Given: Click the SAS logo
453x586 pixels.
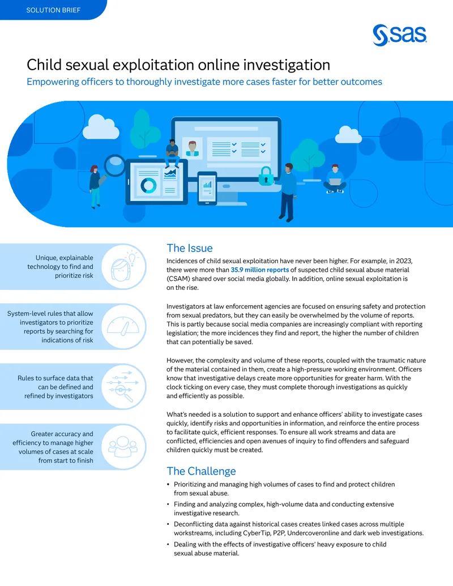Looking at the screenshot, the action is pyautogui.click(x=400, y=36).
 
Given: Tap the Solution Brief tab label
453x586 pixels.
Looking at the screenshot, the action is pyautogui.click(x=53, y=10).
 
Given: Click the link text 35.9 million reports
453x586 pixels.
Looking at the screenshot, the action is pyautogui.click(x=260, y=270).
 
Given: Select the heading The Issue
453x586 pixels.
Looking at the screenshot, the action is pyautogui.click(x=190, y=248).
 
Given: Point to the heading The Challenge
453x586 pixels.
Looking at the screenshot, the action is pyautogui.click(x=201, y=471).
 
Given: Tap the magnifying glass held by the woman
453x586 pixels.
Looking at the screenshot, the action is pyautogui.click(x=114, y=165).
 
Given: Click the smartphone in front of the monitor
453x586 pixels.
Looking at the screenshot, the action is pyautogui.click(x=207, y=189).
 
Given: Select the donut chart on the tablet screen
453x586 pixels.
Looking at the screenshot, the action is pyautogui.click(x=148, y=186).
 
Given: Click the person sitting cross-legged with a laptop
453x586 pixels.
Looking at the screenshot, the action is pyautogui.click(x=335, y=179).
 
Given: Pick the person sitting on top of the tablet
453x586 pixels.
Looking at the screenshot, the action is pyautogui.click(x=172, y=153).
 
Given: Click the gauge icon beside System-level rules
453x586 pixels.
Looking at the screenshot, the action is pyautogui.click(x=123, y=326).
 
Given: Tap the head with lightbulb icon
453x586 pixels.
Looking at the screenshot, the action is pyautogui.click(x=123, y=267).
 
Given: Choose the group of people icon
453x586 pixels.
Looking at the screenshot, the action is pyautogui.click(x=123, y=446).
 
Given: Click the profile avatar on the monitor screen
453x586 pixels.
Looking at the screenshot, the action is pyautogui.click(x=192, y=148).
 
